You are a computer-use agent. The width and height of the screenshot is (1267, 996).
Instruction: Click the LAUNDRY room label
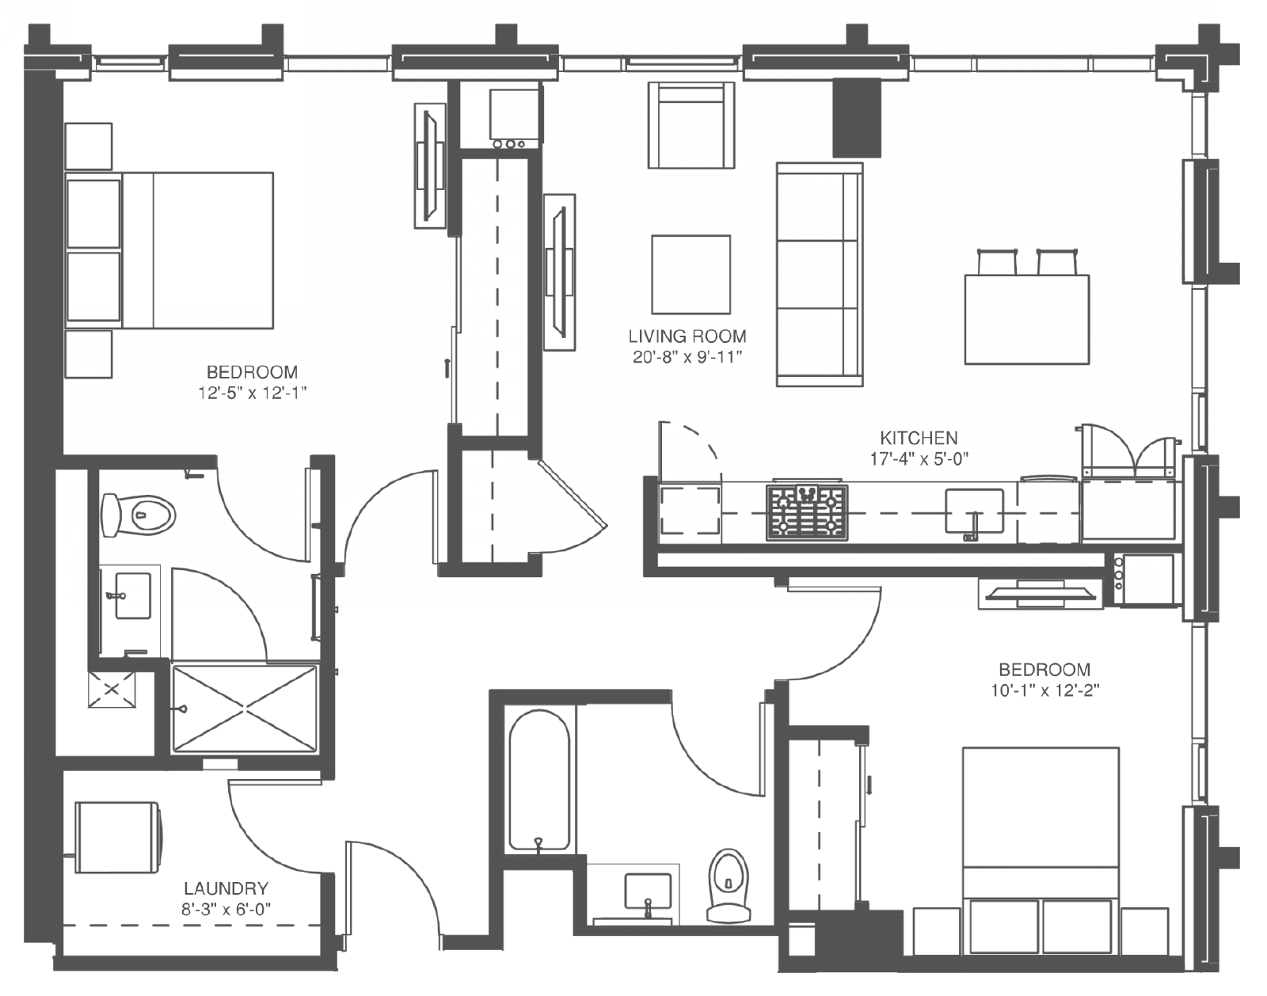tap(226, 888)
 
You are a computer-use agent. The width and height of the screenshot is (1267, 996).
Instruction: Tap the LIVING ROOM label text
tap(687, 336)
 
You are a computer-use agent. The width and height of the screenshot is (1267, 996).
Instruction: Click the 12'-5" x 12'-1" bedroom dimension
tap(253, 393)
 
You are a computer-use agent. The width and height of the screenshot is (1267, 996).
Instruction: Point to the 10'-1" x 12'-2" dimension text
tap(1045, 690)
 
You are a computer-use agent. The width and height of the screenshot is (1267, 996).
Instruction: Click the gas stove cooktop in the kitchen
tap(807, 512)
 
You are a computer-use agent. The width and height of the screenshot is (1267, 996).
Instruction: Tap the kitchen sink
tap(974, 511)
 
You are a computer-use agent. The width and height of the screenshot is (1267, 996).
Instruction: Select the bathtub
tap(538, 780)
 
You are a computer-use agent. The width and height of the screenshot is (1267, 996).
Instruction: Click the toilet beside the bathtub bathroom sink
tap(729, 887)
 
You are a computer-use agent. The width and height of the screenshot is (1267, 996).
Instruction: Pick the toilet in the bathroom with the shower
tap(139, 515)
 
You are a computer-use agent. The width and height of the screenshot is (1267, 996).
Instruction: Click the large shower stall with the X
tap(244, 708)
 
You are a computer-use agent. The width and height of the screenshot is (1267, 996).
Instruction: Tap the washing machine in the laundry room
tap(117, 837)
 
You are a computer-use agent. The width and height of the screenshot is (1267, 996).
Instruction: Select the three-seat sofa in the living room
tap(820, 274)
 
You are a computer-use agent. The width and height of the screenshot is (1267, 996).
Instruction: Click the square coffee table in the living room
tap(691, 274)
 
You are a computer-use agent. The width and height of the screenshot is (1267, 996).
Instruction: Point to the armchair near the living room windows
tap(691, 125)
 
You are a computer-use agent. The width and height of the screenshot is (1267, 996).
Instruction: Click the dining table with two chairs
tap(1027, 319)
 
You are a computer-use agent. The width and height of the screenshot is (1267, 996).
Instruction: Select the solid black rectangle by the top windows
tap(856, 118)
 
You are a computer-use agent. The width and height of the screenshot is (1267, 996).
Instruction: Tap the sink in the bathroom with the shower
tap(132, 595)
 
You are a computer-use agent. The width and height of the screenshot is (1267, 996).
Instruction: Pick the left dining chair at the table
tap(997, 262)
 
